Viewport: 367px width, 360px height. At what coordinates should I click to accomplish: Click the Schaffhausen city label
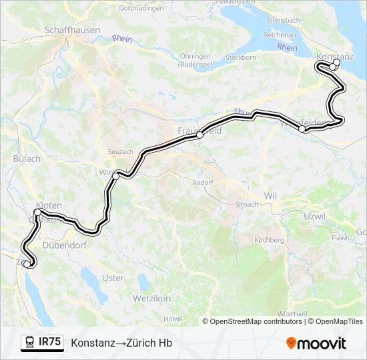pyautogui.click(x=71, y=31)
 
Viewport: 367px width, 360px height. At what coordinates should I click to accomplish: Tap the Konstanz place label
pyautogui.click(x=335, y=56)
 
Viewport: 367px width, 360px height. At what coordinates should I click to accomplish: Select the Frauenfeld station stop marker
pyautogui.click(x=200, y=135)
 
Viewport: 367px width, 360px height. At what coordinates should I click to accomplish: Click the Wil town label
pyautogui.click(x=270, y=196)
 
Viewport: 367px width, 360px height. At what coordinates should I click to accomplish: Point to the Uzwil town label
pyautogui.click(x=314, y=217)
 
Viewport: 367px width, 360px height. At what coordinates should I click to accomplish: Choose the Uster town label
pyautogui.click(x=113, y=277)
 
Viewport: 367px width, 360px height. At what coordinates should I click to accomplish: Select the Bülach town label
pyautogui.click(x=27, y=159)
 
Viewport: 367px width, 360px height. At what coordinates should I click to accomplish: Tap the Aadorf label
pyautogui.click(x=202, y=182)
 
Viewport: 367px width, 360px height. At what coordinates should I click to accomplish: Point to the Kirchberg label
pyautogui.click(x=270, y=240)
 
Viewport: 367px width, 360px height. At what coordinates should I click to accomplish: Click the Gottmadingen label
pyautogui.click(x=137, y=9)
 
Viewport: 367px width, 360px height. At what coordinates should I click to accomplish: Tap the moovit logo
pyautogui.click(x=316, y=343)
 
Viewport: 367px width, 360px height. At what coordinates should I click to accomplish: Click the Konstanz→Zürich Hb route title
pyautogui.click(x=121, y=343)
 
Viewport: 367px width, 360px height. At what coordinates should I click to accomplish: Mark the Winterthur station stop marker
pyautogui.click(x=116, y=176)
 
